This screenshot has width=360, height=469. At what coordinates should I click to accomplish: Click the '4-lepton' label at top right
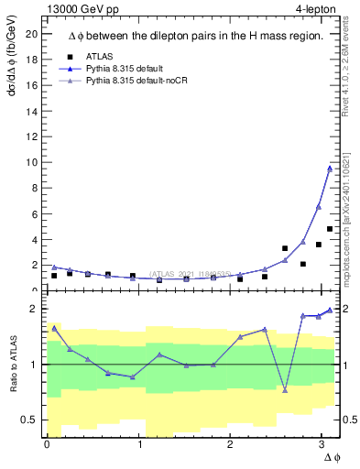coord(309,9)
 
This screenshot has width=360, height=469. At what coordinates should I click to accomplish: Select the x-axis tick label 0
coord(47,444)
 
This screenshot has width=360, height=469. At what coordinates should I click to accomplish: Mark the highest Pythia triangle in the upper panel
coord(329,168)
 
